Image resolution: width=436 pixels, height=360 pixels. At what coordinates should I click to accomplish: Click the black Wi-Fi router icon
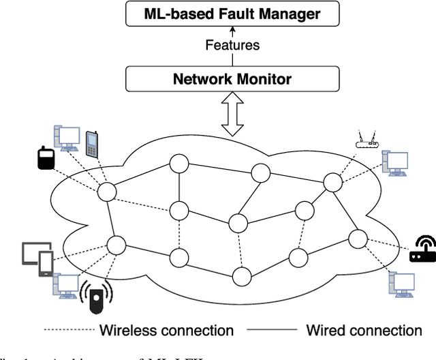click(422, 250)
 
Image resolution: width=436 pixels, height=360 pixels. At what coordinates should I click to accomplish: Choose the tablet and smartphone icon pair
click(38, 258)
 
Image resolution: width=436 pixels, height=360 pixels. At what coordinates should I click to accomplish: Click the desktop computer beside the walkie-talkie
click(67, 138)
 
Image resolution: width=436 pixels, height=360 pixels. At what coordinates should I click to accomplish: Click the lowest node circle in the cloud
click(240, 276)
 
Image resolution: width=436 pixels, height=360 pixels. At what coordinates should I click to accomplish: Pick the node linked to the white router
click(331, 182)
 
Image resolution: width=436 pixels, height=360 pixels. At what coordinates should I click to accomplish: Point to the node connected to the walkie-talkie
click(106, 192)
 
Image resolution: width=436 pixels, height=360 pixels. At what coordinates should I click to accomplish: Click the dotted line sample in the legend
click(69, 331)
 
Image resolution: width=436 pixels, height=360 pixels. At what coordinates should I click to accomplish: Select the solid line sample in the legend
click(271, 331)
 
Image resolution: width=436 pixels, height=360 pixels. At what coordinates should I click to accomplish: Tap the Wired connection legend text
click(364, 331)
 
